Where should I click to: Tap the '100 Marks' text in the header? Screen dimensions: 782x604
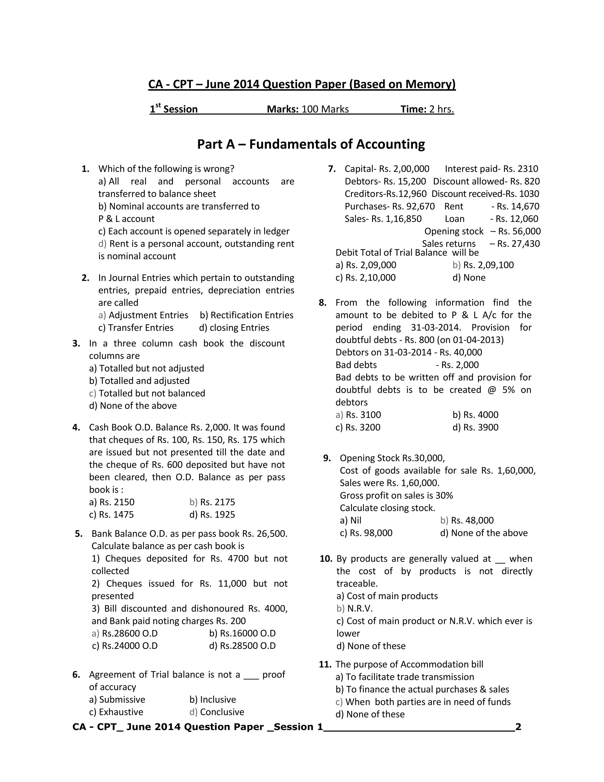coord(325,109)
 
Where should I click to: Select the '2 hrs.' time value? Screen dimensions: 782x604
coord(441,109)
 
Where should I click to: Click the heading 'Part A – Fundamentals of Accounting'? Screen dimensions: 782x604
coord(311,144)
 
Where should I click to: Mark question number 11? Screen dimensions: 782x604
coord(325,665)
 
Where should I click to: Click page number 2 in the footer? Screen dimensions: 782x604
coord(518,727)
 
